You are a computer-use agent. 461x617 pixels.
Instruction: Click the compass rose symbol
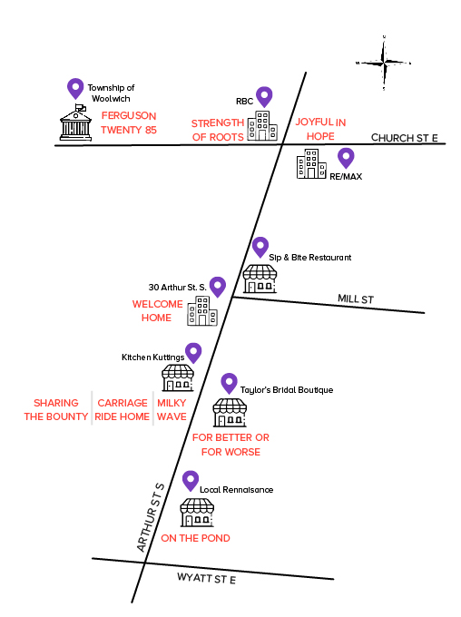point(384,63)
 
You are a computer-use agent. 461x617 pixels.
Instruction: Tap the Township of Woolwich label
point(111,93)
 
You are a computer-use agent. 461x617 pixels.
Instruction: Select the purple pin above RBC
point(264,97)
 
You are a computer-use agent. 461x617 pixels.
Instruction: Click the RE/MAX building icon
point(311,163)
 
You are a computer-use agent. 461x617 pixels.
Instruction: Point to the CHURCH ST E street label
point(405,138)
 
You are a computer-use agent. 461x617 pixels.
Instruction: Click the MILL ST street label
point(356,299)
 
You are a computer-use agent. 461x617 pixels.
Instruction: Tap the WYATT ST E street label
point(206,578)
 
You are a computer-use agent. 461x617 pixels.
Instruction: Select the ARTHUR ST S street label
point(150,517)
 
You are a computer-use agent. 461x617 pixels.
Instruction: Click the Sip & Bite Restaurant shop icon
point(260,279)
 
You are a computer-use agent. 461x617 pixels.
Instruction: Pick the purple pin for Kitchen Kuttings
point(193,353)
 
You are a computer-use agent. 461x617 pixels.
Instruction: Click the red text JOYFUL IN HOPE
point(320,129)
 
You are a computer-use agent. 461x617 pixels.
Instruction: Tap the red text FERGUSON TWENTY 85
point(129,122)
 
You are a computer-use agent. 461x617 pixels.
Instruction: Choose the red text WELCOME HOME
point(158,311)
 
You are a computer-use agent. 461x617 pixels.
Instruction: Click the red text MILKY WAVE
point(172,409)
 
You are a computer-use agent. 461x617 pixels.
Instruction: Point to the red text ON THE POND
point(195,538)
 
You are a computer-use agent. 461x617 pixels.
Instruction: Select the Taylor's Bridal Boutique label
point(287,390)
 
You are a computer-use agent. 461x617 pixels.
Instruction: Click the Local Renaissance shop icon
point(197,513)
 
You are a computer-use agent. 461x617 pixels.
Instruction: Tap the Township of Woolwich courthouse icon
point(75,122)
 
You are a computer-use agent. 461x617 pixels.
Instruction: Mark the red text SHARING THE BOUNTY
point(56,409)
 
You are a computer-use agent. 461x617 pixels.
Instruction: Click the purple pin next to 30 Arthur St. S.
point(218,287)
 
